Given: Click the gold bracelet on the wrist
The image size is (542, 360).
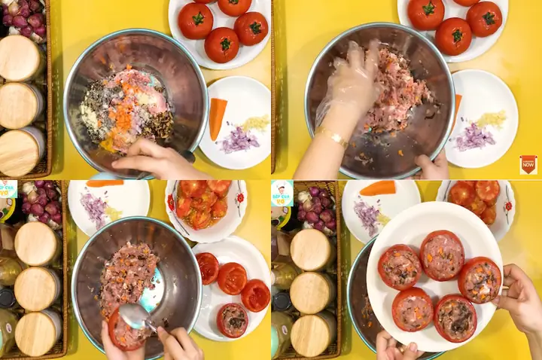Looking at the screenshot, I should point(332,136).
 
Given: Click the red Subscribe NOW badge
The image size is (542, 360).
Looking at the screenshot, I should point(528,163).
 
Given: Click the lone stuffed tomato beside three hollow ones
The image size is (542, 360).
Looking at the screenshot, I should point(233,319).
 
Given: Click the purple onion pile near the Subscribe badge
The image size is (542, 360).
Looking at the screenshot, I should point(474,137).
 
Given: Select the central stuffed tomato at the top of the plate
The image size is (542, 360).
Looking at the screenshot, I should point(442,255).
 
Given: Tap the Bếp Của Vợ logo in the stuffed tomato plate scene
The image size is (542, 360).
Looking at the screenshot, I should point(282,194).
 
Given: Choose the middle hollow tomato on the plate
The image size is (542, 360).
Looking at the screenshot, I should point(232,279).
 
